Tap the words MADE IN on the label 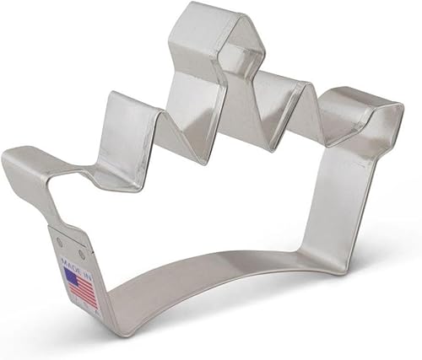(75, 257)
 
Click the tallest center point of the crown (207, 30)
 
